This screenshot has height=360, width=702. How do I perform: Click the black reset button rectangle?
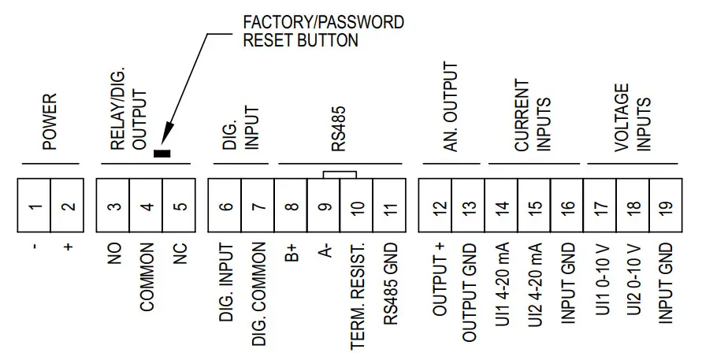pyautogui.click(x=163, y=153)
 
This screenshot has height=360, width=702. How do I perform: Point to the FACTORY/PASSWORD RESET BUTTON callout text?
pyautogui.click(x=323, y=31)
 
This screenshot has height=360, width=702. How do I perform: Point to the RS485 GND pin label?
pyautogui.click(x=390, y=288)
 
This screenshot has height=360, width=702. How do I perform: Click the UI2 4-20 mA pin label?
pyautogui.click(x=536, y=288)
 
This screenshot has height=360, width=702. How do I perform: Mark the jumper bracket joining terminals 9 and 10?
pyautogui.click(x=340, y=173)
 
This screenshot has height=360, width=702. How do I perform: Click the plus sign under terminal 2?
pyautogui.click(x=68, y=247)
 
